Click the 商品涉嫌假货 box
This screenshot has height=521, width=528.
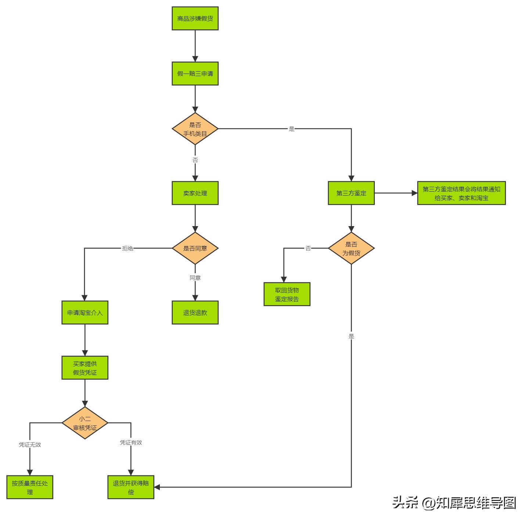click(x=195, y=18)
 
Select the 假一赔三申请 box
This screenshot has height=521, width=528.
click(x=195, y=74)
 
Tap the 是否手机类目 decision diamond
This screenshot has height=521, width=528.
click(x=195, y=129)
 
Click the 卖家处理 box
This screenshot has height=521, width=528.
click(x=195, y=193)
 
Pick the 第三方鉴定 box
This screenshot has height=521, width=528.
click(x=351, y=193)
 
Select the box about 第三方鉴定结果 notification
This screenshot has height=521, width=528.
click(x=461, y=193)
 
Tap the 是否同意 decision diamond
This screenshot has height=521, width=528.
click(x=195, y=248)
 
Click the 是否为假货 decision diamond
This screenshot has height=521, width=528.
click(x=351, y=249)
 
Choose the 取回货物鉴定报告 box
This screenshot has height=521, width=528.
click(x=287, y=295)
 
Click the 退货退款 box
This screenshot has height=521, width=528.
click(x=195, y=313)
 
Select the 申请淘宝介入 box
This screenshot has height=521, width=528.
click(x=85, y=313)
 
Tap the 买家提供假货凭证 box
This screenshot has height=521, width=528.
click(x=85, y=368)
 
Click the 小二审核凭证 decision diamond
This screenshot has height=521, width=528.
click(x=85, y=423)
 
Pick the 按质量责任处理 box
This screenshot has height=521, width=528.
click(x=30, y=488)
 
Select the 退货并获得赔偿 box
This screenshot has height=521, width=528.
click(x=131, y=488)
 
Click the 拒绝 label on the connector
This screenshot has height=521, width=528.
click(x=127, y=249)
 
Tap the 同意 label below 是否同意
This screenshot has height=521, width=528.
click(x=195, y=278)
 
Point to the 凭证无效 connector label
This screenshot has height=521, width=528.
click(x=30, y=445)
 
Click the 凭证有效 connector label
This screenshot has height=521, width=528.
click(x=131, y=442)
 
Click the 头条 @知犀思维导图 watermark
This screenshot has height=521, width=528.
click(x=454, y=503)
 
